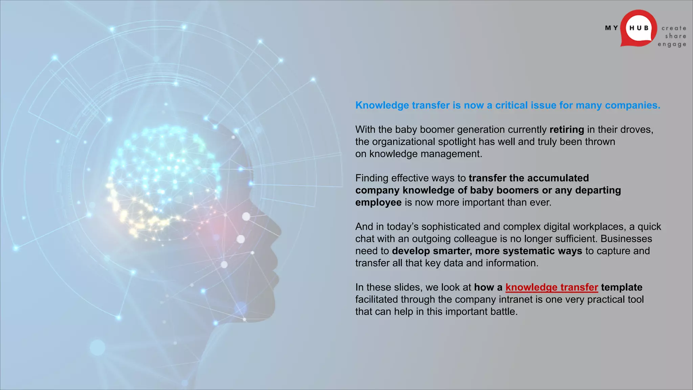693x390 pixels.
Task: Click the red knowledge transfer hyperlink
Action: (552, 287)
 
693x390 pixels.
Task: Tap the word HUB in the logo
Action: (639, 28)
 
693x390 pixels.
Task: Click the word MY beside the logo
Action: (611, 28)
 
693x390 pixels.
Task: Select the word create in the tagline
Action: (674, 28)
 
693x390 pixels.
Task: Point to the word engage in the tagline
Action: (672, 44)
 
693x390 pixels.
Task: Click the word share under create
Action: (675, 36)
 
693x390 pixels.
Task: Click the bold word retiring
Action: (567, 130)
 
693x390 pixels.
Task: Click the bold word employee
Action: (378, 202)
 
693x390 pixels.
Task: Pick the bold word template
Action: (622, 287)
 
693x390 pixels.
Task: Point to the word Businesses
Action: (626, 239)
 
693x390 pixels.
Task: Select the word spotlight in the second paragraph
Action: (457, 142)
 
